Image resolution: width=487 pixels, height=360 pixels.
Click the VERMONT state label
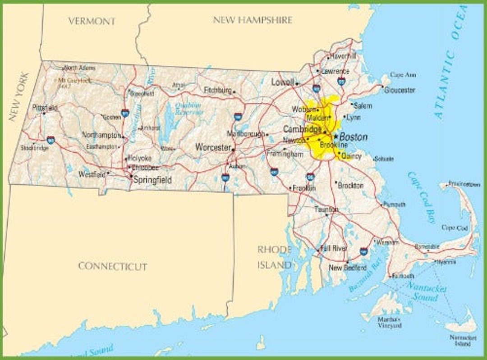(x=92, y=21)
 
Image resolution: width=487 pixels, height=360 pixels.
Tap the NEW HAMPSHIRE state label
(x=253, y=20)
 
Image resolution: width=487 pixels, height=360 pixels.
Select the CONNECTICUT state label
(x=113, y=266)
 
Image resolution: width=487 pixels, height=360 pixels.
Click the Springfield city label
(x=152, y=180)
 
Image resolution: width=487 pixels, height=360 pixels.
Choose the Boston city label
(x=353, y=137)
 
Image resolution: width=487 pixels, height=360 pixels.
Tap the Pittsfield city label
(x=45, y=108)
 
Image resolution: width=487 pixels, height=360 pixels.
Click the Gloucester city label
(x=400, y=90)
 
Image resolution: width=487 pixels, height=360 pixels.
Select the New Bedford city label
(x=347, y=268)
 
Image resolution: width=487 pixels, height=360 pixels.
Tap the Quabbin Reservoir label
(x=188, y=109)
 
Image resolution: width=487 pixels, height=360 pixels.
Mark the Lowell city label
(x=283, y=82)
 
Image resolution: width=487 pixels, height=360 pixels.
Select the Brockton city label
(x=350, y=185)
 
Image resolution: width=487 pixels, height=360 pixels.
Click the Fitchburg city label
(x=217, y=91)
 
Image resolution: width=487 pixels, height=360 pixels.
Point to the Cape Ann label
(x=403, y=75)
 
